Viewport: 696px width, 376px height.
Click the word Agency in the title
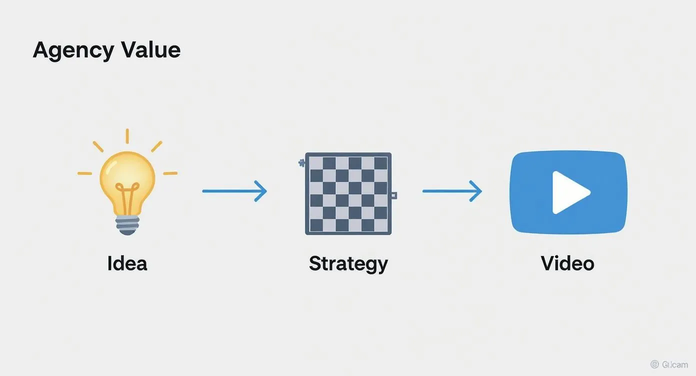tap(73, 51)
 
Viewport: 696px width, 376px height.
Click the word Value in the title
tap(151, 50)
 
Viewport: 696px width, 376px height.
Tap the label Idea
tap(127, 263)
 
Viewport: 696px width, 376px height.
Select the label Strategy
tap(348, 263)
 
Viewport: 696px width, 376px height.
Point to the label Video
tap(567, 263)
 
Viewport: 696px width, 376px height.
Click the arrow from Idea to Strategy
tap(234, 191)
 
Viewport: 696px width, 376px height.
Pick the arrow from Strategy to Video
tap(452, 191)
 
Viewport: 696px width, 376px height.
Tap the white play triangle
tap(568, 192)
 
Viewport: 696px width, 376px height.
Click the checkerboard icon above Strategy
tap(348, 193)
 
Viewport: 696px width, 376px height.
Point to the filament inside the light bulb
tap(127, 195)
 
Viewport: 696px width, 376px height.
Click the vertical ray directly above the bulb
tap(127, 136)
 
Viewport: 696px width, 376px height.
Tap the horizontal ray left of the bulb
tap(84, 173)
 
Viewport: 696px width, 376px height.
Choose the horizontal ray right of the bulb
tap(170, 173)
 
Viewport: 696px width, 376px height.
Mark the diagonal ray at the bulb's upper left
tap(97, 146)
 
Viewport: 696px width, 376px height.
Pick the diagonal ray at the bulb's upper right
tap(156, 146)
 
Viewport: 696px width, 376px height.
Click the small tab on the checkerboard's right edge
tap(393, 195)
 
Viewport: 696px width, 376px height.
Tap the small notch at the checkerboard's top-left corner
tap(301, 162)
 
